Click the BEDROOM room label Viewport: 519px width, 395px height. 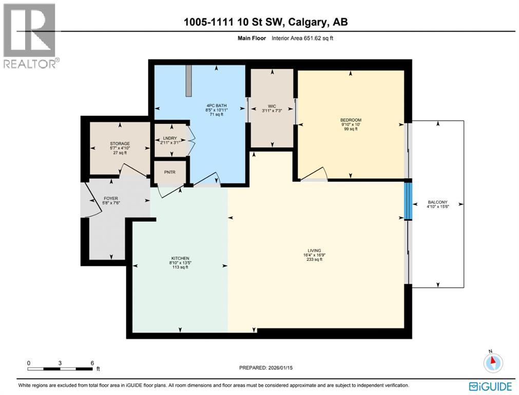(x=351, y=120)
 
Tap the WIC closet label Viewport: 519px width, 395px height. (x=272, y=106)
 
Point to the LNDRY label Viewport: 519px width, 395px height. (x=169, y=138)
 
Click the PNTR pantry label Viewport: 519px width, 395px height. (x=169, y=172)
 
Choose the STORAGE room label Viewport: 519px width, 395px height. (x=120, y=143)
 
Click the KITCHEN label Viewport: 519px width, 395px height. (x=180, y=258)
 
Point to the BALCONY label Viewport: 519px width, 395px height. (x=438, y=202)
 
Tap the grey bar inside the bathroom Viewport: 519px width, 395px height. (x=189, y=80)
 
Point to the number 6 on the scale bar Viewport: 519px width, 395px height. (x=92, y=363)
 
